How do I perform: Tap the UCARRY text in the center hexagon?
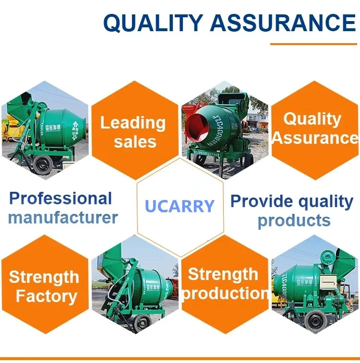point(180,206)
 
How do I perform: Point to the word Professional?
point(60,198)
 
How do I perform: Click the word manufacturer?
point(63,218)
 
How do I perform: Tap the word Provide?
point(259,201)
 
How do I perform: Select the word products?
point(294,221)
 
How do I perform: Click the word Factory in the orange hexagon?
point(46,296)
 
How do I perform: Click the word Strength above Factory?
point(44,277)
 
